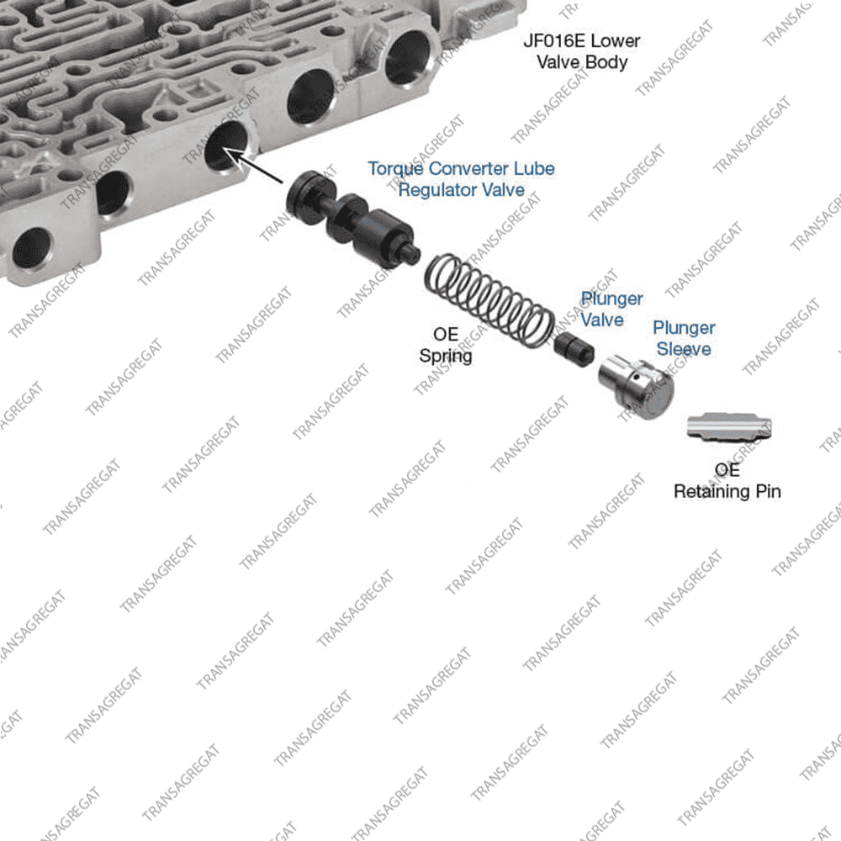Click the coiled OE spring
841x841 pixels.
(489, 300)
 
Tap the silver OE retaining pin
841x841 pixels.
(729, 427)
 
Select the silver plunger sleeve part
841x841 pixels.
(636, 386)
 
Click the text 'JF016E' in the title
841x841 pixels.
(551, 40)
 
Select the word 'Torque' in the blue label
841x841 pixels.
(395, 169)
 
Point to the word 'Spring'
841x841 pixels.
(446, 356)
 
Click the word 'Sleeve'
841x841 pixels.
(684, 349)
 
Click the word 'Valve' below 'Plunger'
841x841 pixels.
(602, 320)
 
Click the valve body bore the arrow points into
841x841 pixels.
(226, 145)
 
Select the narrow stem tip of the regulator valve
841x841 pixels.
(412, 252)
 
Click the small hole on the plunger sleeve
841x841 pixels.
(636, 377)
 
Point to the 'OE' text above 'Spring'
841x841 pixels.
(446, 335)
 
